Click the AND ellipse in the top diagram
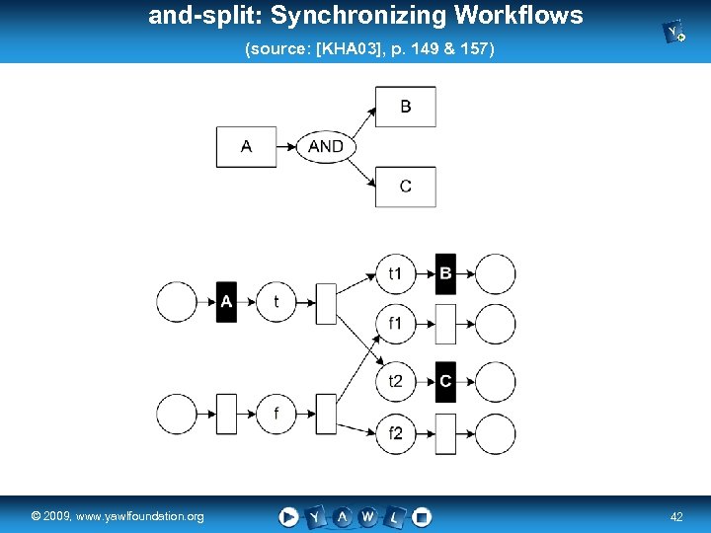click(x=326, y=147)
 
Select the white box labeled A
click(x=247, y=147)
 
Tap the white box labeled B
click(x=405, y=107)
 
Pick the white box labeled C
click(x=405, y=187)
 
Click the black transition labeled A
click(x=227, y=302)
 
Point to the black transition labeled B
click(x=445, y=273)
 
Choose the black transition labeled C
click(x=445, y=381)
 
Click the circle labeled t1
click(x=396, y=273)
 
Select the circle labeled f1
click(x=396, y=324)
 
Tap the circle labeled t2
click(x=396, y=382)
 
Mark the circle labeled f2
click(x=396, y=433)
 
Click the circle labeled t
click(x=276, y=302)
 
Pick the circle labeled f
click(x=276, y=414)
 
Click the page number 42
click(x=676, y=516)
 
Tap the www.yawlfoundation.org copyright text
click(x=118, y=516)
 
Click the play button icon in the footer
click(x=288, y=516)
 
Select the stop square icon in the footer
click(x=422, y=516)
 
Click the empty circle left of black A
click(x=178, y=302)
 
